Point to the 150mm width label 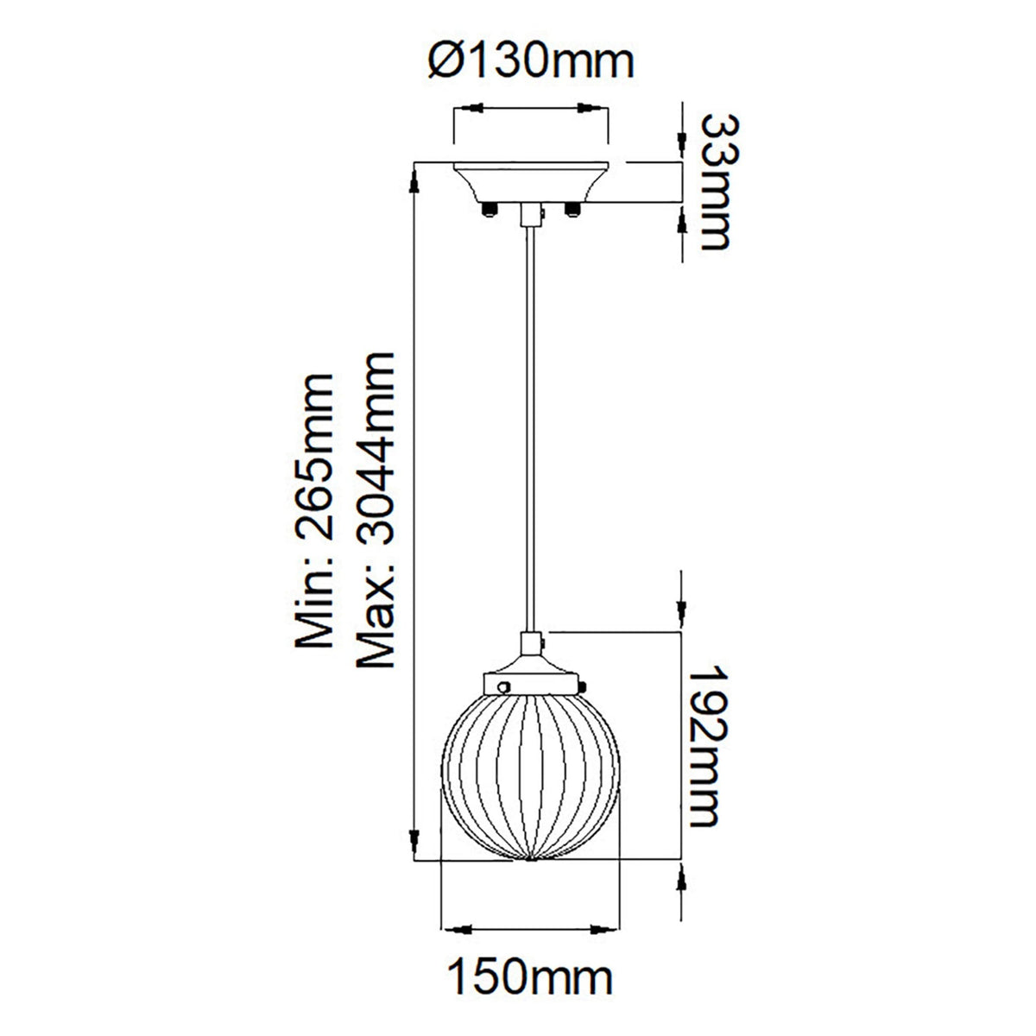(530, 979)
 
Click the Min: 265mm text (313, 509)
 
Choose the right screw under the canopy (571, 209)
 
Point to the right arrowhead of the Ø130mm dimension (596, 110)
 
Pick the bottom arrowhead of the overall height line (415, 842)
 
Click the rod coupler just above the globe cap (531, 644)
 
